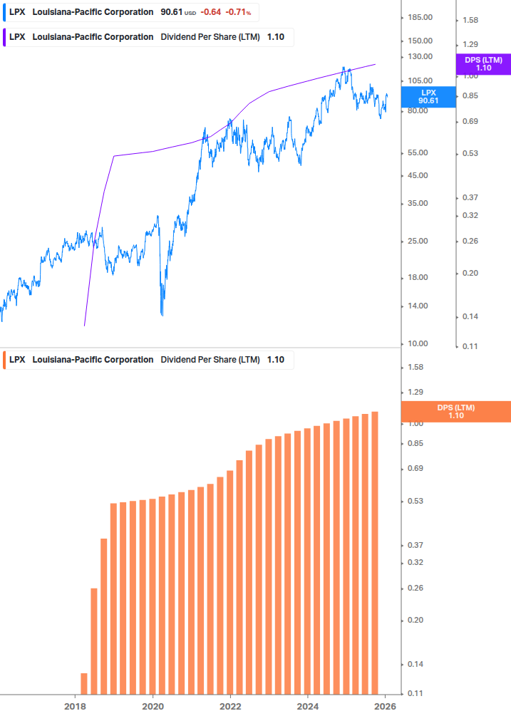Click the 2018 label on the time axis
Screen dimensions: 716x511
75,707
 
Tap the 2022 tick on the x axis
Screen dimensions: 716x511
230,707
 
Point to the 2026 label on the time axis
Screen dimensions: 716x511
385,707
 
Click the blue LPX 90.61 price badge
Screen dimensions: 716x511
428,97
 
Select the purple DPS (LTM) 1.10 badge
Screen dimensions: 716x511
483,64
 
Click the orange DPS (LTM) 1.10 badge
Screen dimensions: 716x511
456,411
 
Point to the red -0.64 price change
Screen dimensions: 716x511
211,12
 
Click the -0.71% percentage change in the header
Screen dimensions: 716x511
238,12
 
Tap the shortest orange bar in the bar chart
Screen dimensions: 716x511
84,683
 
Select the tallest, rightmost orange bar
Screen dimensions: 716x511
375,552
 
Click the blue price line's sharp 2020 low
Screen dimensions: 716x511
162,313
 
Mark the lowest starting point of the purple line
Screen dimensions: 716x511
84,326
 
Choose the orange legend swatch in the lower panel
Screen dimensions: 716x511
4,360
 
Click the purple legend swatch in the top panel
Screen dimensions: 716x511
4,37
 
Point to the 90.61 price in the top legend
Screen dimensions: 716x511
172,12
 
